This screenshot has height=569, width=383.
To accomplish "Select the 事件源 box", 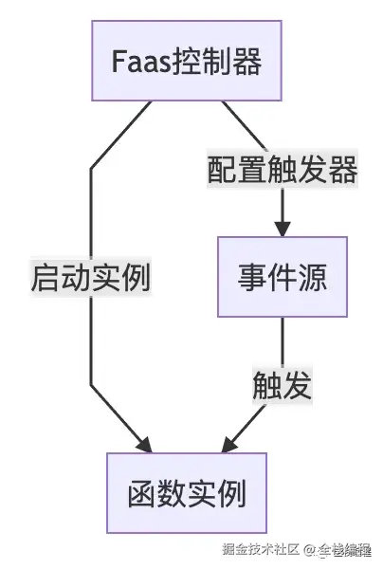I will tap(282, 277).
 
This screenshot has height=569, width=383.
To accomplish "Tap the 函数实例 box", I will tap(186, 493).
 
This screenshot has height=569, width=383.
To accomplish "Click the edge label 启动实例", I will tap(91, 277).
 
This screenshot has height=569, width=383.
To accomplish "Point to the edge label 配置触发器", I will tap(282, 171).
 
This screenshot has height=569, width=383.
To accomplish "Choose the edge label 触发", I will tap(282, 385).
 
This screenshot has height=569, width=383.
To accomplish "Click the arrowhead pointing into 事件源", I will tap(282, 229).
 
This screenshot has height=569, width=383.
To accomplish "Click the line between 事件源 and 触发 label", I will tap(282, 341).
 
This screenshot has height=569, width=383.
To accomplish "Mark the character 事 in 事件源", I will tap(251, 277).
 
